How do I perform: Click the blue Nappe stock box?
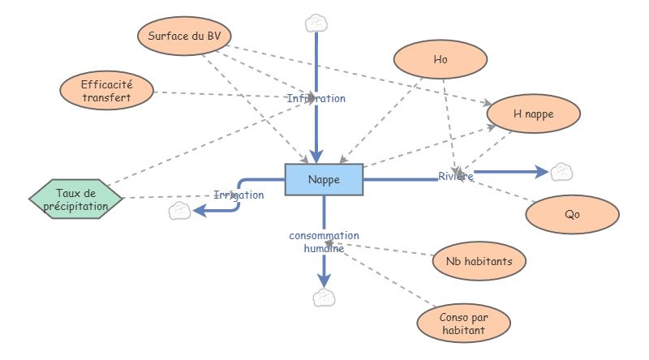pyautogui.click(x=324, y=179)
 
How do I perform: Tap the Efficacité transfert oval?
pyautogui.click(x=106, y=90)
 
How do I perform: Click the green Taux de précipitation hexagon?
pyautogui.click(x=76, y=199)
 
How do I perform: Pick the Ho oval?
pyautogui.click(x=441, y=59)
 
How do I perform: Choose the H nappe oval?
pyautogui.click(x=533, y=114)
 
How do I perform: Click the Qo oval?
pyautogui.click(x=572, y=216)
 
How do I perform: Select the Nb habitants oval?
pyautogui.click(x=479, y=261)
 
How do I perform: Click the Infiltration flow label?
pyautogui.click(x=316, y=98)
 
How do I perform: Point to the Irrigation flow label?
pyautogui.click(x=239, y=195)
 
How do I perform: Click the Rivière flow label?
pyautogui.click(x=456, y=176)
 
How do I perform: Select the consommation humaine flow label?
pyautogui.click(x=324, y=242)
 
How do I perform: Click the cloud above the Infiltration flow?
pyautogui.click(x=316, y=22)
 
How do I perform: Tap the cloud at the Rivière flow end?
pyautogui.click(x=561, y=172)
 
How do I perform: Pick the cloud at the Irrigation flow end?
pyautogui.click(x=179, y=212)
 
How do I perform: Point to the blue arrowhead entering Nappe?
pyautogui.click(x=316, y=156)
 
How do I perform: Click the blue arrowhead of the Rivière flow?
pyautogui.click(x=541, y=172)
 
